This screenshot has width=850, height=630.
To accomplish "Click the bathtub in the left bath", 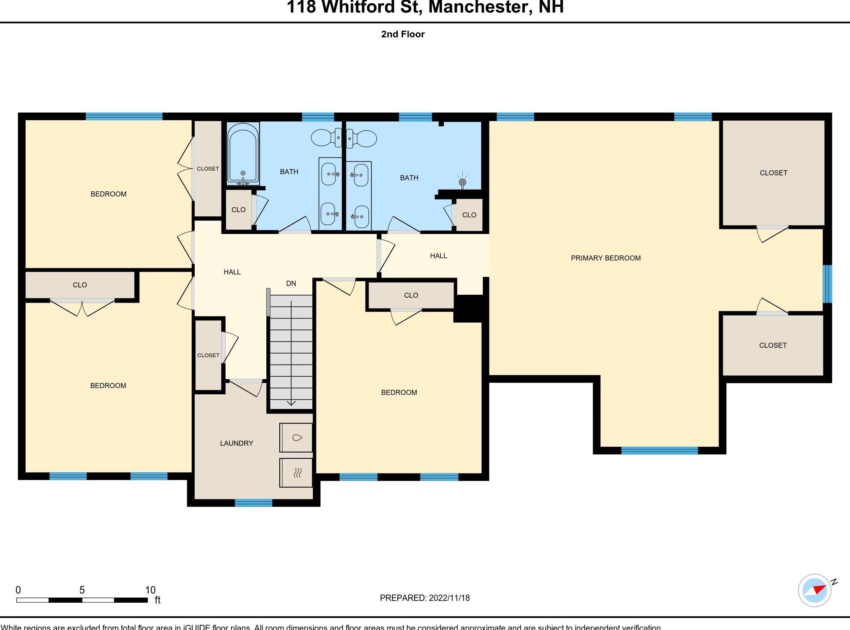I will [x=243, y=154].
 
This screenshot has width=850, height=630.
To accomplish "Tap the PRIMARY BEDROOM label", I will [x=605, y=258].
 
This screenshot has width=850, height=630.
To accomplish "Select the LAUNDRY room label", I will [x=237, y=443].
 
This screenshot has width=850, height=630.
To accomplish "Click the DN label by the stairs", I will [x=291, y=283].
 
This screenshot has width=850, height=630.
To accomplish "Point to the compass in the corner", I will [x=814, y=590].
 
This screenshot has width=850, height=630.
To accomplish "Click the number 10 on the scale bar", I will [x=150, y=590].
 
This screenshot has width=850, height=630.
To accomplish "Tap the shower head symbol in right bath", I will [x=462, y=182].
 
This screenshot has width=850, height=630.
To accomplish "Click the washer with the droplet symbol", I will [x=296, y=438].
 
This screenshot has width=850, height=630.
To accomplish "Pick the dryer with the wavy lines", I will [x=296, y=473].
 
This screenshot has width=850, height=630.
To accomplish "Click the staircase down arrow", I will [x=291, y=403].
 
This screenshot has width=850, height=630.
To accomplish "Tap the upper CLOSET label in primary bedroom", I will [x=773, y=173].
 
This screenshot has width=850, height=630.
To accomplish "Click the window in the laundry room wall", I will [x=253, y=503].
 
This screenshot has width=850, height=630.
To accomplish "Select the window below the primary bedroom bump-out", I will [x=659, y=450].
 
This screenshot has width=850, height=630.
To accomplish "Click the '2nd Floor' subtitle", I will [x=403, y=34].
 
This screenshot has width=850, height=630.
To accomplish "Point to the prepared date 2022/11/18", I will [x=449, y=598].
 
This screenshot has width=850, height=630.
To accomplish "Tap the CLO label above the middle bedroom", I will [x=411, y=295].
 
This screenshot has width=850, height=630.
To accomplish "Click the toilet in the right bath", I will [x=364, y=138].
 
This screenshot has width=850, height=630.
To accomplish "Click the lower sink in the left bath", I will [x=329, y=214].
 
